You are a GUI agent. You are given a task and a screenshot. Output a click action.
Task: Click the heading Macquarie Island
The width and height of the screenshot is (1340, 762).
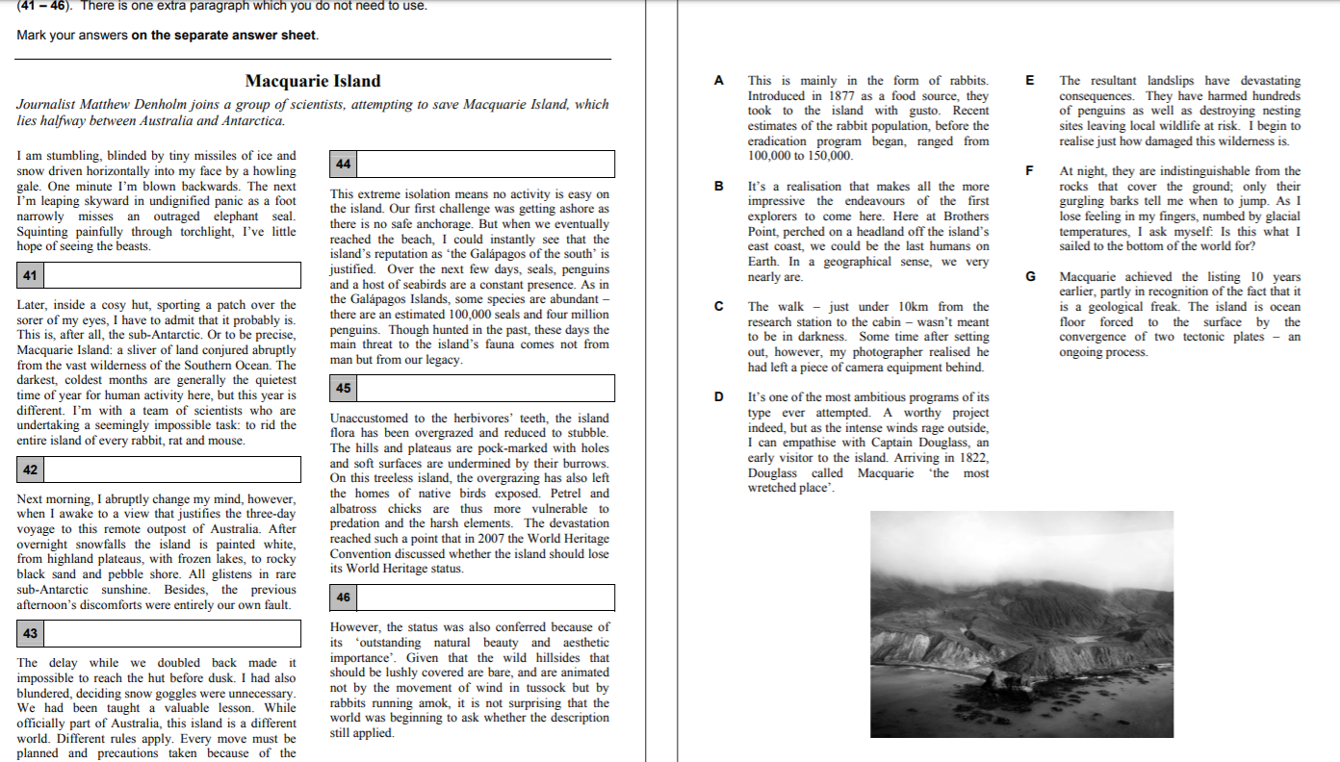pos(313,81)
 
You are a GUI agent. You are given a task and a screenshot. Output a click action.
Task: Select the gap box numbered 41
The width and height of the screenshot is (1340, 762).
pos(158,276)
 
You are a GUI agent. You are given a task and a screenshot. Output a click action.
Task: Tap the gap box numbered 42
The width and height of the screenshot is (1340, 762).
pos(158,470)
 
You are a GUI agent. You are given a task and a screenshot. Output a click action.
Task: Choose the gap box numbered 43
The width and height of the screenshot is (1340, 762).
pos(158,633)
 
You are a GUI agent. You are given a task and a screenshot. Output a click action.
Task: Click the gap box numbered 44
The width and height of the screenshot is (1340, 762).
pos(472,164)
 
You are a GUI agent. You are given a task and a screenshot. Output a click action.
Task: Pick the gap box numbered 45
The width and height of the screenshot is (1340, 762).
pos(472,388)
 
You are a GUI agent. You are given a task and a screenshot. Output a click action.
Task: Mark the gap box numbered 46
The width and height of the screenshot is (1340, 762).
pos(472,597)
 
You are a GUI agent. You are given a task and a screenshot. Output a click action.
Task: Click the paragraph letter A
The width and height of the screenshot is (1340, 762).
pos(718,81)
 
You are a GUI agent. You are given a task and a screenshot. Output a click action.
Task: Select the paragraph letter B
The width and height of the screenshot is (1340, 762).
pos(718,187)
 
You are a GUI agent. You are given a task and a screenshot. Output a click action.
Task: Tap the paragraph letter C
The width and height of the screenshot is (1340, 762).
pos(718,307)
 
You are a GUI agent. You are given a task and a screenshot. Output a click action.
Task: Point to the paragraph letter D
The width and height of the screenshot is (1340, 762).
pos(718,397)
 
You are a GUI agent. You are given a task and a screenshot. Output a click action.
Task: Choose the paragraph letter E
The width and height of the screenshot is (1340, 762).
pos(1030,81)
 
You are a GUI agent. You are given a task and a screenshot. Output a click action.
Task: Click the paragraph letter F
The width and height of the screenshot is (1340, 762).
pos(1030,171)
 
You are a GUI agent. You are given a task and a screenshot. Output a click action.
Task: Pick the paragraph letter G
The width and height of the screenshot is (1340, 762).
pos(1030,277)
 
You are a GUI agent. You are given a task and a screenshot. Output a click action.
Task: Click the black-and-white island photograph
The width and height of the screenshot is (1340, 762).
pos(1021,623)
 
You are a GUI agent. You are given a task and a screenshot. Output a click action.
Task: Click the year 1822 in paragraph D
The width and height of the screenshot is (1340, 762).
pos(973,458)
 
